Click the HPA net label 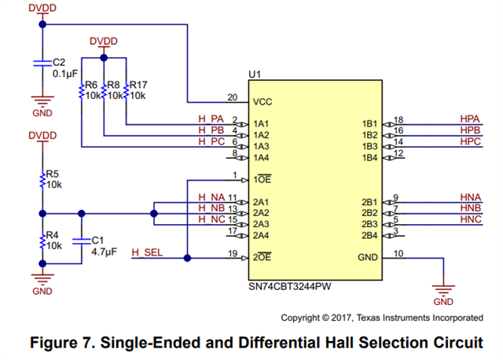point(470,118)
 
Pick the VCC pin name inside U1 point(263,102)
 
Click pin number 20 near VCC point(232,97)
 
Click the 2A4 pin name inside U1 point(262,235)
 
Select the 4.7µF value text point(104,253)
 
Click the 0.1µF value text point(64,73)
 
